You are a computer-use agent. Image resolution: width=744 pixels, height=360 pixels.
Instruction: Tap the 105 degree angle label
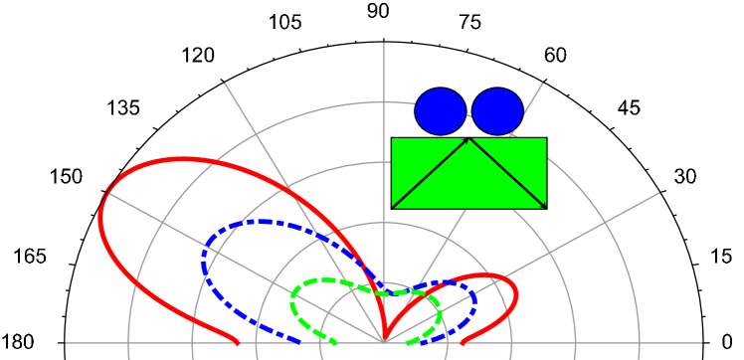click(290, 23)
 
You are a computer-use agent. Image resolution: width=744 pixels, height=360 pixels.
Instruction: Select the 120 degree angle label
click(203, 57)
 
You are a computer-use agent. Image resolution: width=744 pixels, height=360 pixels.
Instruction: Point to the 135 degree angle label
click(128, 108)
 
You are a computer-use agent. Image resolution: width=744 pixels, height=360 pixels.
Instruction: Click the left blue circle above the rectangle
click(440, 111)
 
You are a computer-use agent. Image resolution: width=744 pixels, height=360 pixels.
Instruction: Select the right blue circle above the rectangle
click(497, 111)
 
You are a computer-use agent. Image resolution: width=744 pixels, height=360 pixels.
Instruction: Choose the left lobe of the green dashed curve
click(294, 298)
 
